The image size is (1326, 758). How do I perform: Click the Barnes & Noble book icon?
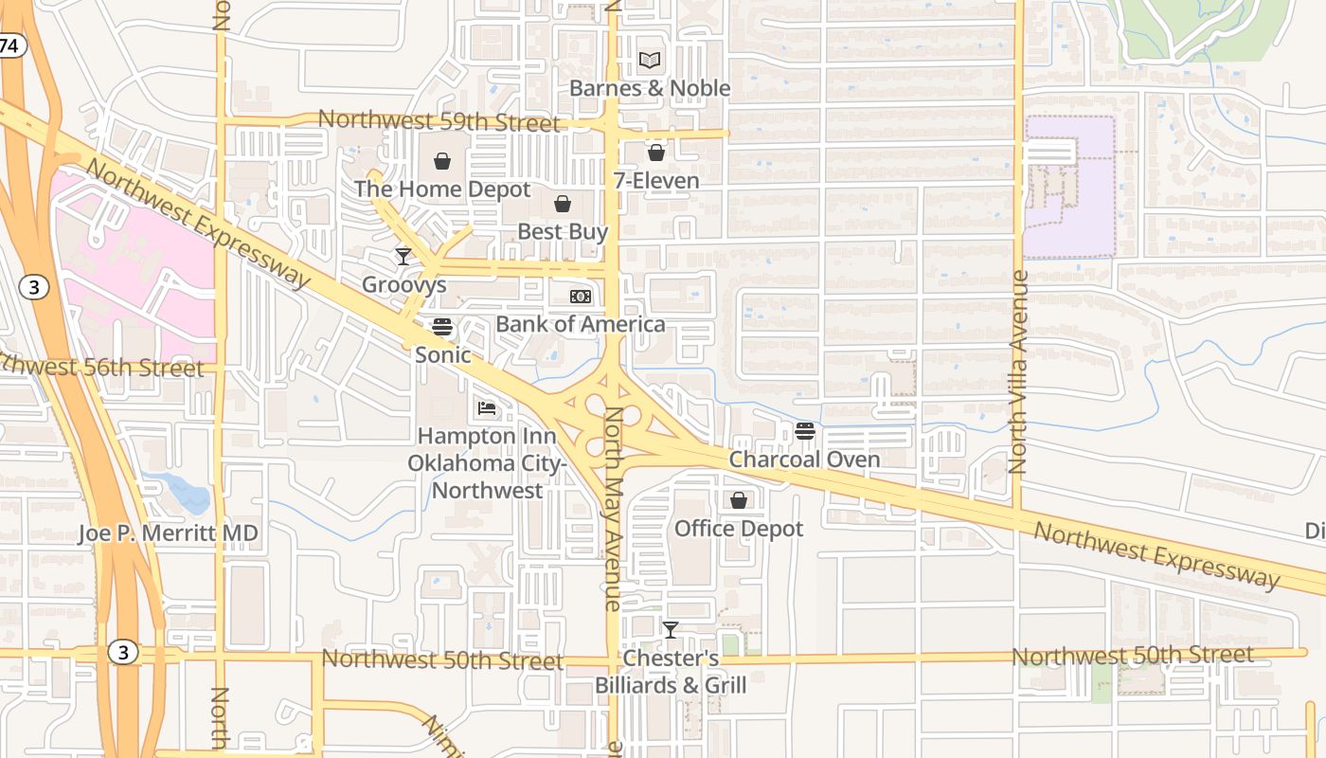(x=649, y=61)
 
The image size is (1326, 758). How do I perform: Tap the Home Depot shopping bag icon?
(x=441, y=161)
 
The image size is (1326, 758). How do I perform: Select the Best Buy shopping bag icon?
(x=563, y=204)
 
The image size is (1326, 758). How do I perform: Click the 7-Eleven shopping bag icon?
(x=656, y=152)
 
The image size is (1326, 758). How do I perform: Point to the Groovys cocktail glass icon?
(x=403, y=256)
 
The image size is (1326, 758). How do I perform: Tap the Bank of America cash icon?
(x=581, y=297)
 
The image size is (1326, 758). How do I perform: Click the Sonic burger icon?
(x=442, y=328)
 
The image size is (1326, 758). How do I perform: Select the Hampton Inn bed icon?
(x=487, y=408)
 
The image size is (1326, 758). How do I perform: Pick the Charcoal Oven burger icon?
(x=805, y=432)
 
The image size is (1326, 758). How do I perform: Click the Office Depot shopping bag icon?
(x=739, y=500)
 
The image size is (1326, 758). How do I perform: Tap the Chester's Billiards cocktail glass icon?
(x=671, y=629)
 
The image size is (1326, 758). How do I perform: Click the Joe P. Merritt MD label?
(x=169, y=534)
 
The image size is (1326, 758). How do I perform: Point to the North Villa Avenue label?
(x=1018, y=371)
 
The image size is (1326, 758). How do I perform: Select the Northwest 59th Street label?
(x=439, y=121)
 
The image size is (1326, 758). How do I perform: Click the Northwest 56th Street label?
(x=99, y=367)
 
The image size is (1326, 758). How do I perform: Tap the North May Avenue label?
(x=613, y=508)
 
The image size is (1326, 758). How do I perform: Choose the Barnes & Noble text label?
(x=650, y=88)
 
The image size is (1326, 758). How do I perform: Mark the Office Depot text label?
(x=739, y=529)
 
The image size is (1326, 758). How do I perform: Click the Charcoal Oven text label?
(x=805, y=460)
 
